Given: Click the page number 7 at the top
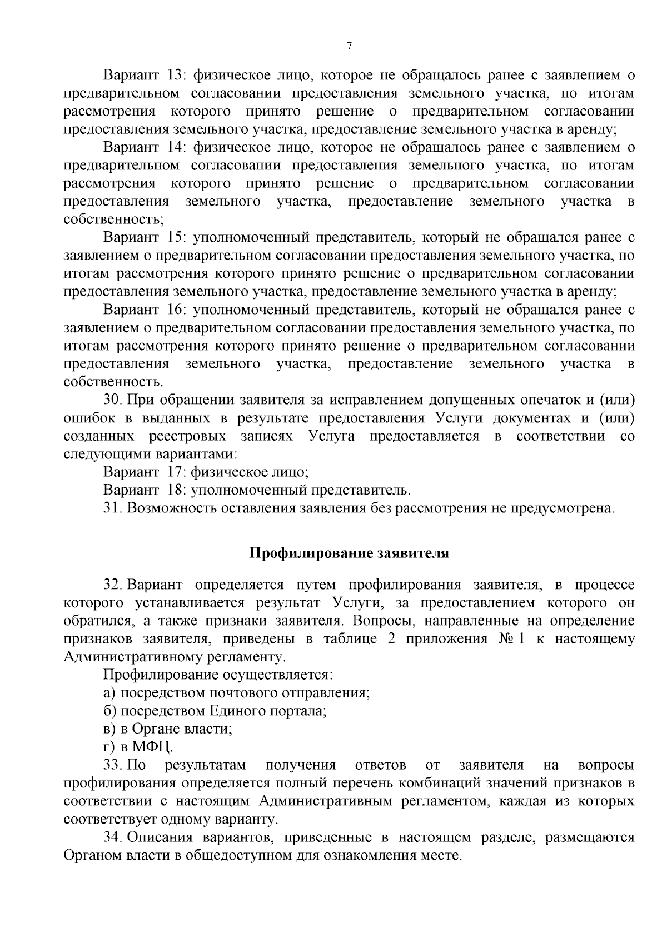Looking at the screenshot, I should pos(349,47).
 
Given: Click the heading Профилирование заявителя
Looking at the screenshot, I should pos(349,553).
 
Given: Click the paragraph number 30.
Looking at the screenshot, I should pos(113,400).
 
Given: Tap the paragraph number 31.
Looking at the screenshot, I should pos(113,508).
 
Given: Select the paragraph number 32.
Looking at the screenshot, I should pos(113,585).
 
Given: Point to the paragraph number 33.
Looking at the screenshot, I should pos(113,765).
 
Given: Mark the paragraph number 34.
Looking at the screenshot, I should pos(113,837).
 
